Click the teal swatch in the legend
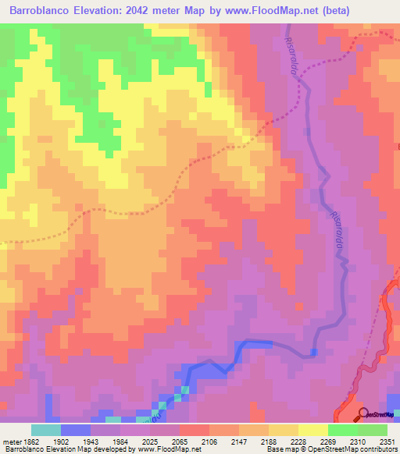[x=46, y=430]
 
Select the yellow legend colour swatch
[x=313, y=430]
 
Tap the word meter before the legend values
[x=11, y=442]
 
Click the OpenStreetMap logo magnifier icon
[x=362, y=414]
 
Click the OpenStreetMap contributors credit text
[x=348, y=449]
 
